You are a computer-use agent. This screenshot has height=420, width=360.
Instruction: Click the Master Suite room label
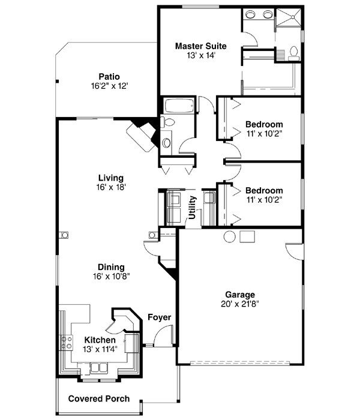tap(200, 46)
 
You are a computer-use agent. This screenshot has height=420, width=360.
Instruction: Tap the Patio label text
tap(109, 77)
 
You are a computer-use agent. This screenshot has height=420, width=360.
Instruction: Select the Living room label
tap(111, 178)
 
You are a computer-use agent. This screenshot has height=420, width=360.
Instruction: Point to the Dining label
tap(112, 267)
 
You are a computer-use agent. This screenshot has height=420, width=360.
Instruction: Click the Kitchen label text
tap(100, 340)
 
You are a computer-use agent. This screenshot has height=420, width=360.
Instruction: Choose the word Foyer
tap(159, 317)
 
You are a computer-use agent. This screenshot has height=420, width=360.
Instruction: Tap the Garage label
tap(240, 295)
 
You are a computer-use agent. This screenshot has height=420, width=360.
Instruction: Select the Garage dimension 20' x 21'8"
tap(240, 304)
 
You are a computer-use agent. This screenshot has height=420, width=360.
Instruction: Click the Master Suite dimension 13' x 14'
tap(200, 55)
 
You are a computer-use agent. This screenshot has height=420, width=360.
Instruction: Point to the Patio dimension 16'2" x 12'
tap(109, 86)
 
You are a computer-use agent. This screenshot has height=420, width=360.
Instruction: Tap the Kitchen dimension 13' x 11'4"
tap(100, 350)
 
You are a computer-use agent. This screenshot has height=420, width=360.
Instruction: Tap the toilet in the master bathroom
tap(293, 53)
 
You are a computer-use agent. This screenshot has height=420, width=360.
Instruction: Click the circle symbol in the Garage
tap(230, 236)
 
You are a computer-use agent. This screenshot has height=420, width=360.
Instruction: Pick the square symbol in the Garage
tap(247, 236)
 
